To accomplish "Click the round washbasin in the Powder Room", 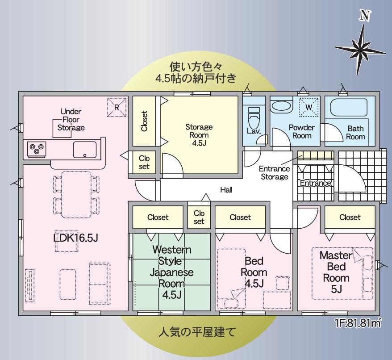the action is tap(282, 107).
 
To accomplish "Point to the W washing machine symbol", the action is tap(309, 107).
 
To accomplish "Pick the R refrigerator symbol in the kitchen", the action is tap(117, 107).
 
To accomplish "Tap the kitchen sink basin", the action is tap(85, 150).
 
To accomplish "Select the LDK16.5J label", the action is tap(75, 238).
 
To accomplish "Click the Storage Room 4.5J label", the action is tap(199, 135).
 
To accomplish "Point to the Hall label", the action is tap(226, 190).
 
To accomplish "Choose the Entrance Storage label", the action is tap(274, 172).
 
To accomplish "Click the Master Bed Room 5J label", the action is tap(336, 272).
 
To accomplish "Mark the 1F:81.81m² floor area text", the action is tap(358, 323).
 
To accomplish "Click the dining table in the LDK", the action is tap(76, 194).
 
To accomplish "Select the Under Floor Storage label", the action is tap(71, 120).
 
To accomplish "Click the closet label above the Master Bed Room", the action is tap(350, 217).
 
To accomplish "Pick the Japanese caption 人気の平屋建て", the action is tap(197, 332).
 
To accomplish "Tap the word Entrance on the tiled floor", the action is tap(316, 183).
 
